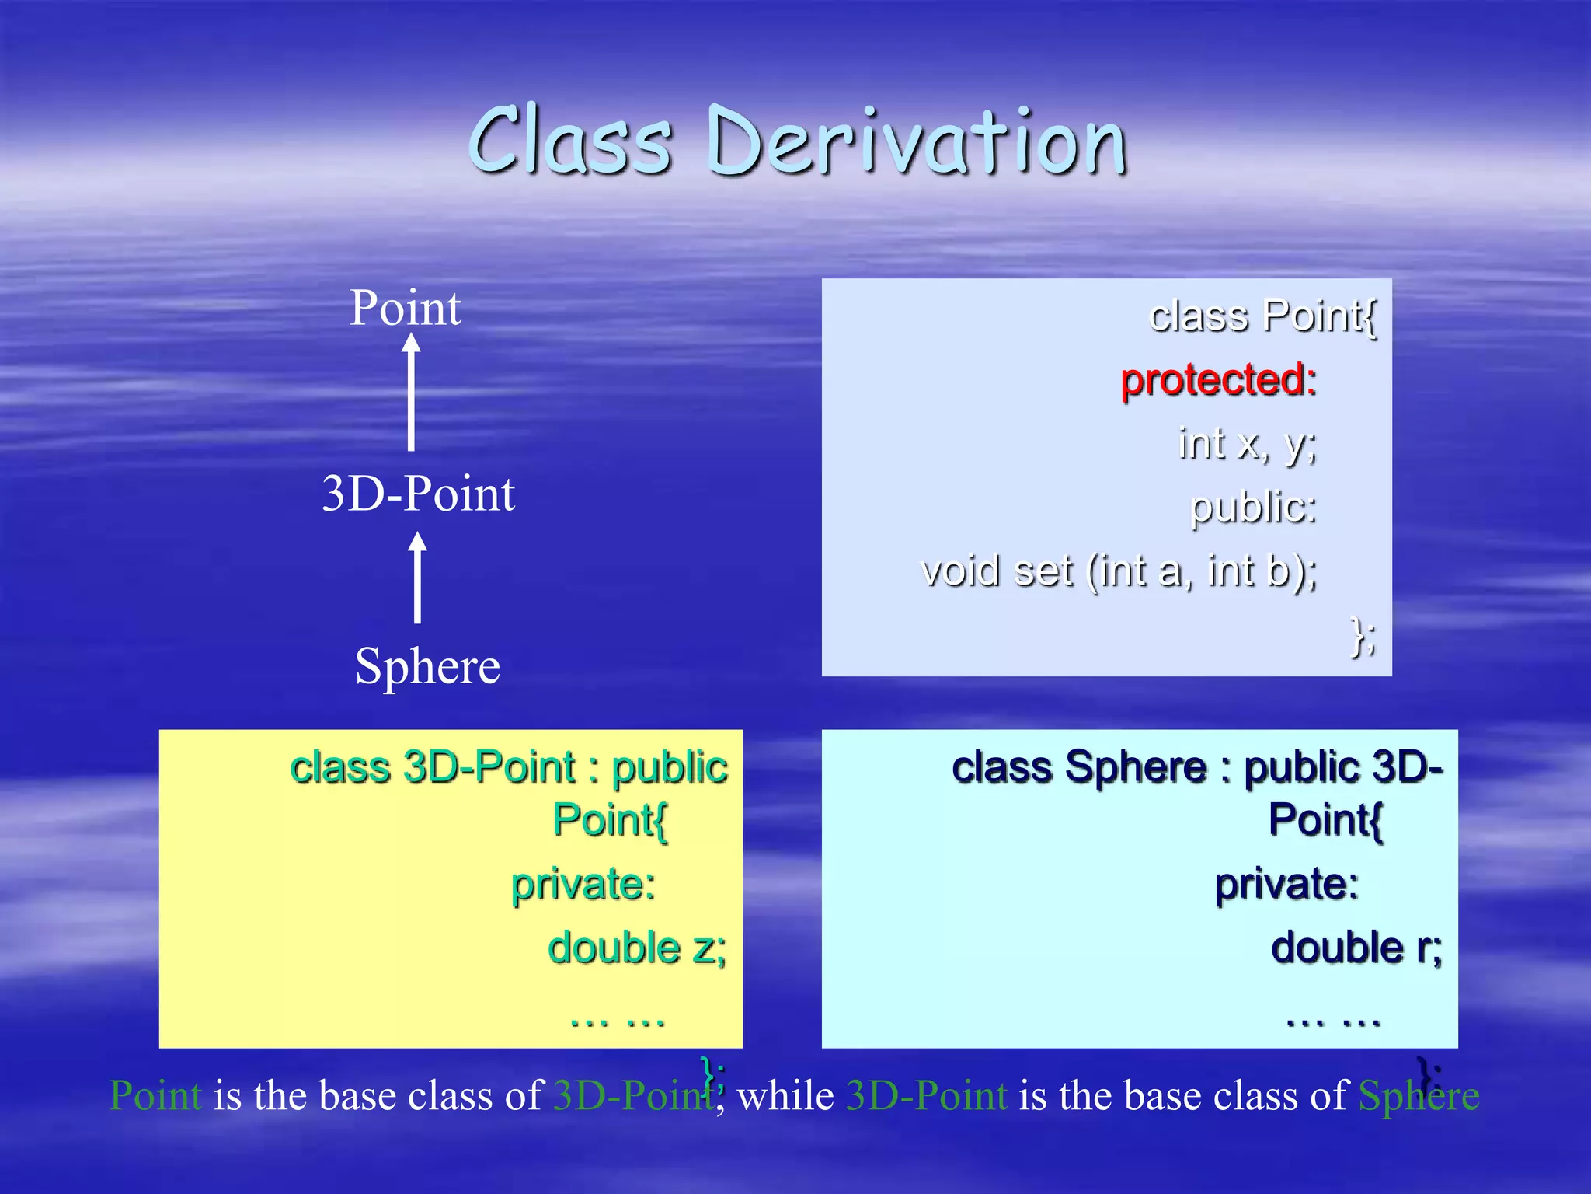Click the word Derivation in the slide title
click(x=917, y=141)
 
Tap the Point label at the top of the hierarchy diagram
click(x=405, y=308)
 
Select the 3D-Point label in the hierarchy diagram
click(x=418, y=494)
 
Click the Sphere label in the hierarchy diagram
click(x=427, y=666)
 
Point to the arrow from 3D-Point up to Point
click(x=411, y=393)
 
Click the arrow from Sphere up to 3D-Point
click(x=418, y=577)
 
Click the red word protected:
click(x=1218, y=380)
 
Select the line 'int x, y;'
click(x=1247, y=444)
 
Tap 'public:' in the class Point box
click(x=1253, y=508)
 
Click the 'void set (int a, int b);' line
click(x=1119, y=571)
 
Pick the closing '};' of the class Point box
click(x=1363, y=636)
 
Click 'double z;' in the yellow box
click(x=637, y=948)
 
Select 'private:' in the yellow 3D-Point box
click(x=583, y=885)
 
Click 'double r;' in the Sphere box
click(x=1356, y=948)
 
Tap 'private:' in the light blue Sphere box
click(x=1286, y=885)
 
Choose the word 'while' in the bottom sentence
click(x=785, y=1096)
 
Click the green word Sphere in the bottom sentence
click(x=1419, y=1096)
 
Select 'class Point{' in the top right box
click(x=1262, y=316)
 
